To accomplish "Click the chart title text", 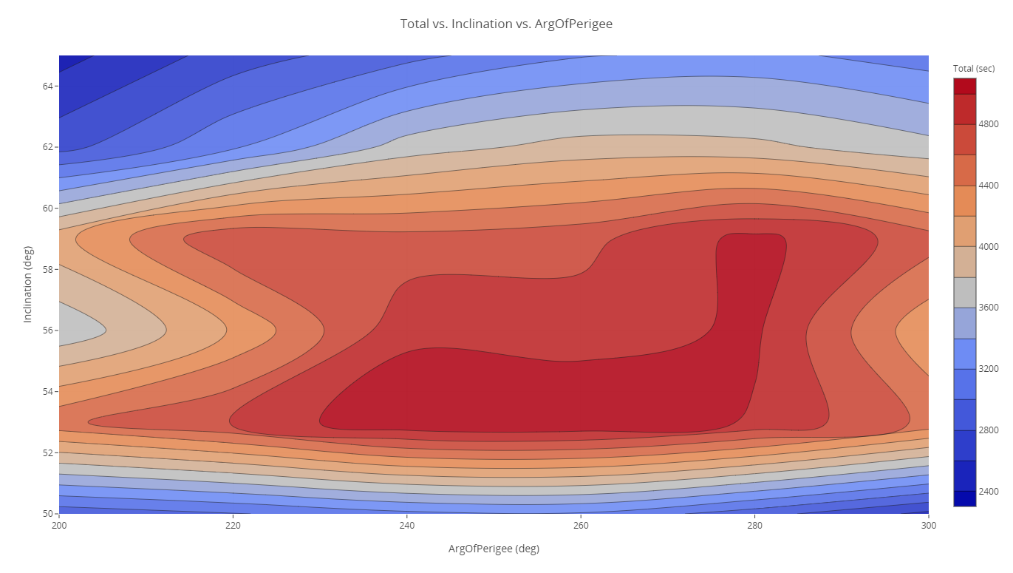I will pos(506,24).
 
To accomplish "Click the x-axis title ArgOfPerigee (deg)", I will pos(494,549).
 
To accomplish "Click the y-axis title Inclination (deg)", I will pos(28,285).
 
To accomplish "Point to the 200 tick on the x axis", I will pos(59,524).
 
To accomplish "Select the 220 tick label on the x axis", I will pos(233,524).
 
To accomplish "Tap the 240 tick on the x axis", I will pos(406,524).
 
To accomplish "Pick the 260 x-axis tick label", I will pos(581,524).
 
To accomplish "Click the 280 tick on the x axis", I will pos(754,524).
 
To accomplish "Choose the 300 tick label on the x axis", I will pos(928,524).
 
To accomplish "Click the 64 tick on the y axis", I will pos(47,86).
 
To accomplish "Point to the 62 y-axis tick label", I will pos(47,146).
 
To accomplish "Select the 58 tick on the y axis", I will pos(47,269).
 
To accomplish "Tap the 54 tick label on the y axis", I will pos(47,391).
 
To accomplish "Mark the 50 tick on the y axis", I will pos(47,513).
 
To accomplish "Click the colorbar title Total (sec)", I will pos(974,69).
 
